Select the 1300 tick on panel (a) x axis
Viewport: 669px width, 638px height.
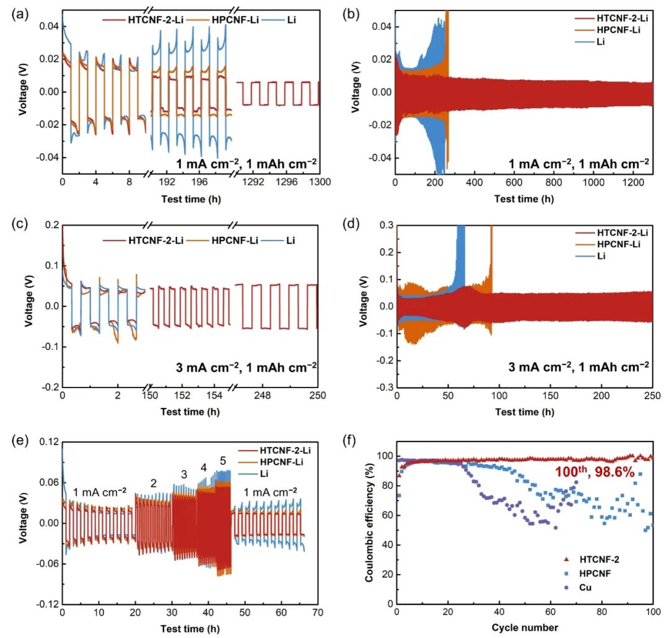[x=320, y=182]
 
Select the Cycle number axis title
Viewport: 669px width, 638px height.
[x=525, y=627]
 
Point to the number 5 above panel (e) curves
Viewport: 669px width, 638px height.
[x=223, y=461]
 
